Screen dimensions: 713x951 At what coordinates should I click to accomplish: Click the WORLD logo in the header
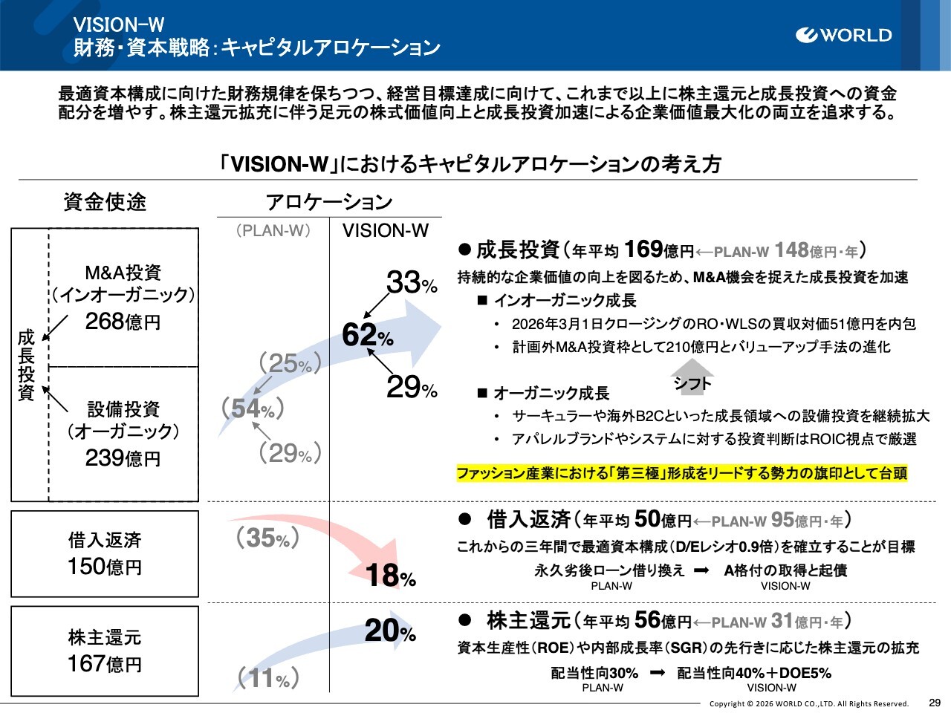[843, 35]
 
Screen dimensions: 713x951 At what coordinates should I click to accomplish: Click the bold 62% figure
[367, 336]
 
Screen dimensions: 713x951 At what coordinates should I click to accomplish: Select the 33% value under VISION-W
[411, 283]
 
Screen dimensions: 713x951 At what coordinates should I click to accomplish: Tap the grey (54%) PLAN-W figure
[253, 408]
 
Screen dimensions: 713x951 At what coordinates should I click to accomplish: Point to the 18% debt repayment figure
[390, 576]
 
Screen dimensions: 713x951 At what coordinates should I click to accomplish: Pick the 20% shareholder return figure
[390, 631]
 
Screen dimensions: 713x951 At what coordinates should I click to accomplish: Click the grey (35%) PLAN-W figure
[267, 537]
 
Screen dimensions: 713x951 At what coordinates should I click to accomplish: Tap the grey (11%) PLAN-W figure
[268, 677]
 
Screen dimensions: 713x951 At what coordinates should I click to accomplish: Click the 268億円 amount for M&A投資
[123, 322]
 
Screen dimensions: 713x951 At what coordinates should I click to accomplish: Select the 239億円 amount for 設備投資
[123, 458]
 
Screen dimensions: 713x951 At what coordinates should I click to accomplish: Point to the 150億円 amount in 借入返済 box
[105, 567]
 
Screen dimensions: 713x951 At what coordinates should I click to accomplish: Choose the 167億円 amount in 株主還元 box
[105, 663]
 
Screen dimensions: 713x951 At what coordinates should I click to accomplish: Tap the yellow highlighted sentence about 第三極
[681, 473]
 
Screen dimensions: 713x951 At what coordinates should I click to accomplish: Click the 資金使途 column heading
[105, 202]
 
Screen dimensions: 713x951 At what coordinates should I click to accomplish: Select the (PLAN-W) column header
[273, 230]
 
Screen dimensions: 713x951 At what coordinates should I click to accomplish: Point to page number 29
[935, 702]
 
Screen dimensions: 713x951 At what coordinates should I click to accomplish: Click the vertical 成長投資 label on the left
[26, 365]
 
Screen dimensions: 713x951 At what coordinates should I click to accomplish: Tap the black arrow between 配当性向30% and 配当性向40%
[658, 673]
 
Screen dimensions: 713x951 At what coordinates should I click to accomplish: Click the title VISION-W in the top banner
[119, 25]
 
